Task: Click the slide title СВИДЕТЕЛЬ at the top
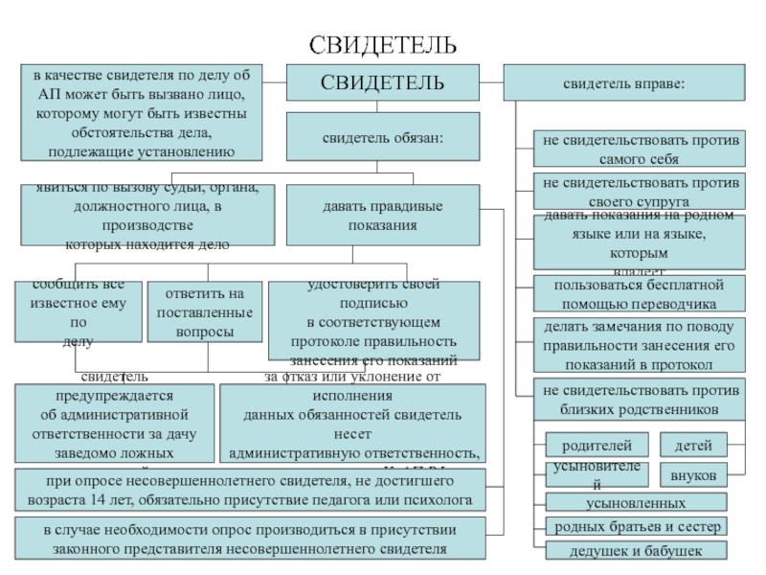coord(382,45)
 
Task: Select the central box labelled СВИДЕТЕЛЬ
coord(382,82)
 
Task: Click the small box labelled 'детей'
coord(692,446)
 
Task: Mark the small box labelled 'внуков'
coord(692,474)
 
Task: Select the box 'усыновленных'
coord(636,502)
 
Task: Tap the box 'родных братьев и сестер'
coord(636,526)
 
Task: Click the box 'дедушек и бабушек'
coord(636,551)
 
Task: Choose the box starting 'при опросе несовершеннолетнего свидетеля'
coord(251,491)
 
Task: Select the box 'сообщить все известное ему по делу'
coord(79,311)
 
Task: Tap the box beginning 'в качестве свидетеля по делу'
coord(141,113)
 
